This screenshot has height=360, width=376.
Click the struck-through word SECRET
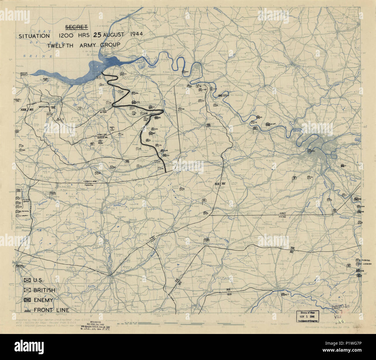coord(76,27)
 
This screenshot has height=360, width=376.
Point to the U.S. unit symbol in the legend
coord(27,280)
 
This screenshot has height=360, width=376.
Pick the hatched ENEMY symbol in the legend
coord(27,300)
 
